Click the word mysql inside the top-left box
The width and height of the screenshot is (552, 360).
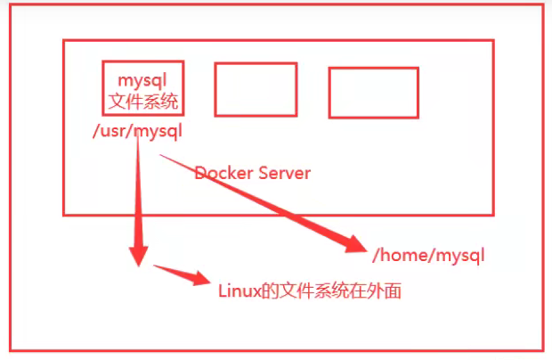coord(142,81)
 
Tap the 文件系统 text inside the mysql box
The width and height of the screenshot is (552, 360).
coord(142,102)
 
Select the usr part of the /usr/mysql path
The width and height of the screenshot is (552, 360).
coord(114,132)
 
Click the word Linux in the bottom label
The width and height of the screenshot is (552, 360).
coord(238,291)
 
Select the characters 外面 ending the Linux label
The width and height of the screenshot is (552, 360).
coord(384,291)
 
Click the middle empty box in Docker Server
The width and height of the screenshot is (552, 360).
coord(256,89)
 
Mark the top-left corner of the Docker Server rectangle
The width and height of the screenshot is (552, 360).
coord(63,40)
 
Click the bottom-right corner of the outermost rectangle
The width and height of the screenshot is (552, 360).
coord(542,348)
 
